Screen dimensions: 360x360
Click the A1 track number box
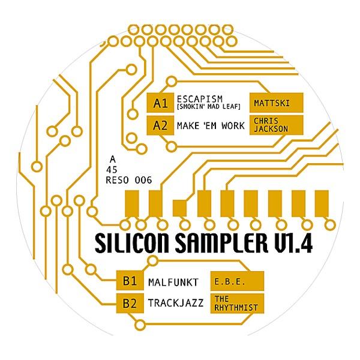click(160, 103)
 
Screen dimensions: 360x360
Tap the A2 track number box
click(160, 125)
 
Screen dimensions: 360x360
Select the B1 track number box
click(130, 281)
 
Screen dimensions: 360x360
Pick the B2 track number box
click(130, 303)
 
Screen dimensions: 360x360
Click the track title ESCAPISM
click(200, 99)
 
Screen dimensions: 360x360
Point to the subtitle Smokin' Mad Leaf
click(208, 107)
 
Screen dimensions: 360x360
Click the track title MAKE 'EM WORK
click(211, 126)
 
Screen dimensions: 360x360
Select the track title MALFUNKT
click(173, 282)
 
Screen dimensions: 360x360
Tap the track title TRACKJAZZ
click(176, 303)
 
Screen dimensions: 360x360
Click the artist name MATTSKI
click(272, 103)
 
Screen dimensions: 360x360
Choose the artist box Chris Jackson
click(277, 125)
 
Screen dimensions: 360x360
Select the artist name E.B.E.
click(230, 282)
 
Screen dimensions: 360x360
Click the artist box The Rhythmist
click(237, 303)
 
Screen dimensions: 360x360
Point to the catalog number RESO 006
click(129, 180)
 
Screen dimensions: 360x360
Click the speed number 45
click(112, 170)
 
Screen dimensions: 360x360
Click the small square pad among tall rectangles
click(179, 208)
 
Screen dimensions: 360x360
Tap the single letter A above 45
click(113, 159)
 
